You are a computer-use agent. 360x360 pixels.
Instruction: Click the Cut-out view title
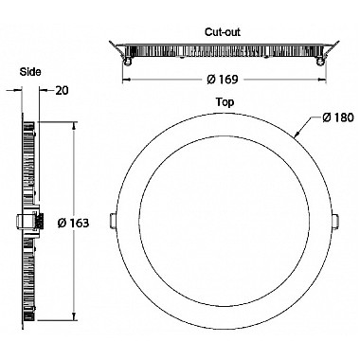click(x=223, y=32)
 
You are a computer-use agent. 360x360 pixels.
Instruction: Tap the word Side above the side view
click(x=30, y=72)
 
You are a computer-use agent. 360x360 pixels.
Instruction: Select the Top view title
click(x=225, y=102)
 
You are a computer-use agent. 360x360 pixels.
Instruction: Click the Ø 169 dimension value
click(x=223, y=80)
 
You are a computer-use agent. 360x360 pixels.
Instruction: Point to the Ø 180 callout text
click(x=338, y=117)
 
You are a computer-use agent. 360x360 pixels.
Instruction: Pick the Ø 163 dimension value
click(x=73, y=223)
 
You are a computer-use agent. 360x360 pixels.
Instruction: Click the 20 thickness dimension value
click(x=62, y=91)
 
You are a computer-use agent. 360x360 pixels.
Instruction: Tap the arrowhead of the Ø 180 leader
click(x=297, y=135)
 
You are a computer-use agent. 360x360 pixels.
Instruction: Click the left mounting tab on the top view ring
click(x=113, y=221)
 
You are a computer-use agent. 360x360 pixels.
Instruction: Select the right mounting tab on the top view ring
click(x=336, y=221)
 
